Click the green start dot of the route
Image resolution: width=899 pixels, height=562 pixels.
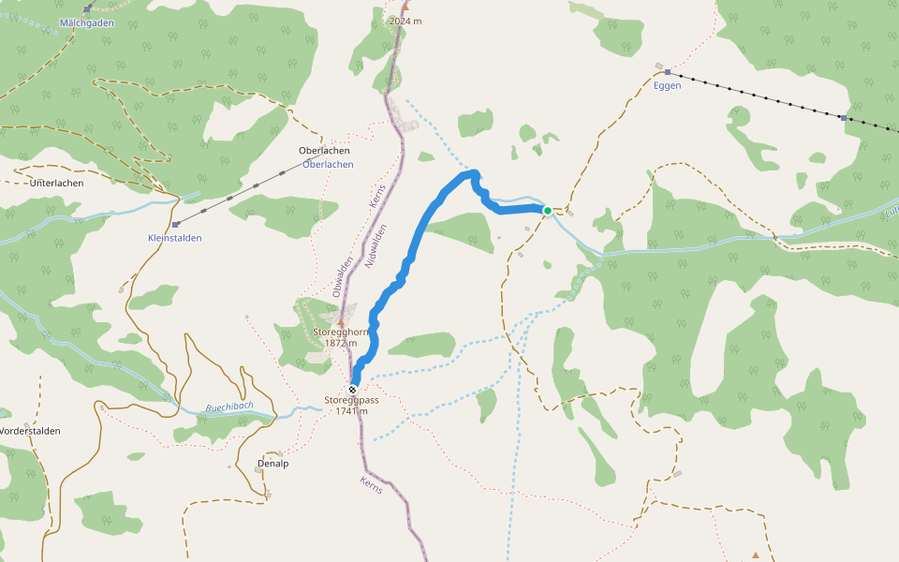548,211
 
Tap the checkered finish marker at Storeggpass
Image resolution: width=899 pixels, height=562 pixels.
352,390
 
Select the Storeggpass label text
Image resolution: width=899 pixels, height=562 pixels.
351,400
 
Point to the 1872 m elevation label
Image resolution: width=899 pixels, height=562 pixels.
341,343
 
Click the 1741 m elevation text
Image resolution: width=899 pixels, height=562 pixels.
351,411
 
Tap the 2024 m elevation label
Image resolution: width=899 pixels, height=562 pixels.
405,21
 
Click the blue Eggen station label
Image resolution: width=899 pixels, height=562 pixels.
667,85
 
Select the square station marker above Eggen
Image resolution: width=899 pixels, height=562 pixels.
667,72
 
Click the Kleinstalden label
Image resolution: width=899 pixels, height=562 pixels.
174,238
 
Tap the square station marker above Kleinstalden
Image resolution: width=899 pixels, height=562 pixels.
175,225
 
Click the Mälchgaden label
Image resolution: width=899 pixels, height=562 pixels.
86,21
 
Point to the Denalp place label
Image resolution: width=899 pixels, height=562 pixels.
272,463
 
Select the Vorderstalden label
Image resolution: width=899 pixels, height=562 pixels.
30,431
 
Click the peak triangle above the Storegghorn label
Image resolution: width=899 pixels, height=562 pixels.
341,322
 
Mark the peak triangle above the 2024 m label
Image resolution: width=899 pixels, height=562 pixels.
405,7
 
